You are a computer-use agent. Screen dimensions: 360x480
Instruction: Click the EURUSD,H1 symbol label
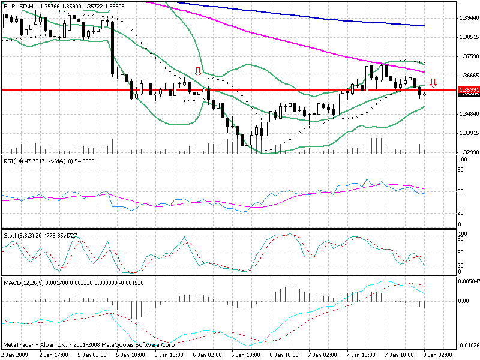tap(19, 6)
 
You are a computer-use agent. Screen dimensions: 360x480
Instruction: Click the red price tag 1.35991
tap(467, 90)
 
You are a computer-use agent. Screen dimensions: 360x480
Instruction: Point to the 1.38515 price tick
tap(468, 37)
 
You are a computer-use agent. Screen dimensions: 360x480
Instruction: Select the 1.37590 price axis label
tap(468, 56)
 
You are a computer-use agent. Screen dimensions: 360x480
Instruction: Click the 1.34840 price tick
tap(468, 113)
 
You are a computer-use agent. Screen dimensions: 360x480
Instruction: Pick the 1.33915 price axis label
tap(468, 133)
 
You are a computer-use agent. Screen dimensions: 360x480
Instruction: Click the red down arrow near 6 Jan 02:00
tap(197, 72)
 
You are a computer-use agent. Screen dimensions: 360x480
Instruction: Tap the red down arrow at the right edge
tap(433, 83)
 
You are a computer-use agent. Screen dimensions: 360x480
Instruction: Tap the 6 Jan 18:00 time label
tap(288, 355)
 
